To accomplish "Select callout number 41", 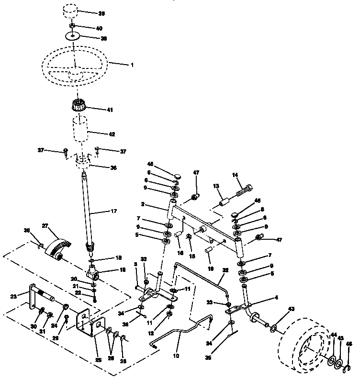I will point(110,110).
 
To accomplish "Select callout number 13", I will point(215,186).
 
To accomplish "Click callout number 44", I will point(333,335).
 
